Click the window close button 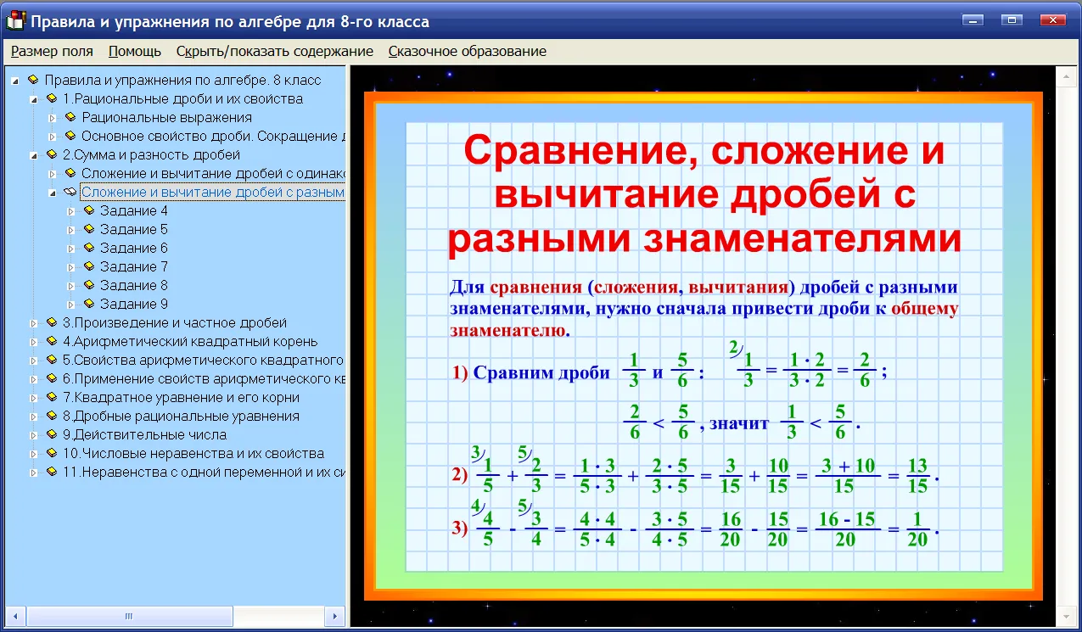1052,20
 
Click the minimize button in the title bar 973,20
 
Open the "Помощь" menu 135,51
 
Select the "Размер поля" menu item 52,51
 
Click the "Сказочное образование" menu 467,51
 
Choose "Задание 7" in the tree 134,266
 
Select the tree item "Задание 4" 134,210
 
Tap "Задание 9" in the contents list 134,304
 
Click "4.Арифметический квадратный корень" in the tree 190,341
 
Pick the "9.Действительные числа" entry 144,434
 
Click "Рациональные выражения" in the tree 166,117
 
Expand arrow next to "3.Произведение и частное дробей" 33,323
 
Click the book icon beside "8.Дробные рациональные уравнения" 52,415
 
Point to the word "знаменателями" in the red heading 802,239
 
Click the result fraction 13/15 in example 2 917,476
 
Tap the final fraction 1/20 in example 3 917,529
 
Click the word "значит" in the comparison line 738,423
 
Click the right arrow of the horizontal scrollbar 334,616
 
